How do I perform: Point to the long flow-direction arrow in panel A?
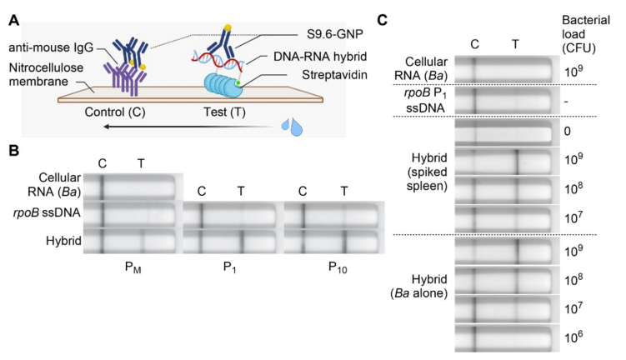tap(183, 127)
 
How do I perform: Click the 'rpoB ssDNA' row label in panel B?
tap(60, 213)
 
